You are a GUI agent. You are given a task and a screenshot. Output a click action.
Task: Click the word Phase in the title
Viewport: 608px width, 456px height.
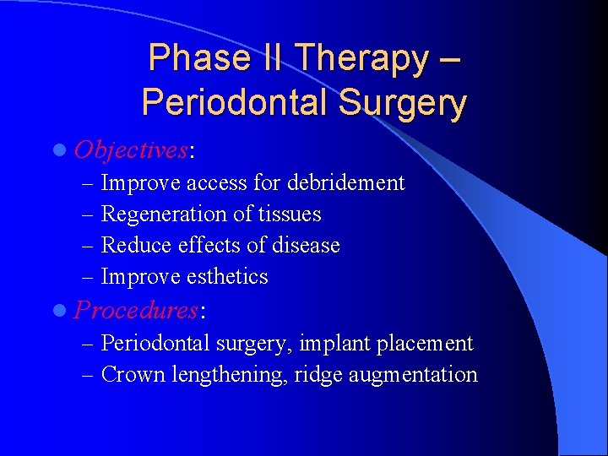click(x=186, y=58)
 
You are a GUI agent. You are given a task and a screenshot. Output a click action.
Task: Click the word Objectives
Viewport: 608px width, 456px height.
click(x=131, y=150)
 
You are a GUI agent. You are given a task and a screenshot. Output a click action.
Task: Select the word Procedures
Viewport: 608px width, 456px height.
click(x=136, y=310)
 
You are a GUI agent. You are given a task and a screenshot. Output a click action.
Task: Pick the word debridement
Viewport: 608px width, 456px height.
click(x=346, y=182)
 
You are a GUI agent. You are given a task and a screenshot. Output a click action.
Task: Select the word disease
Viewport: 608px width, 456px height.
click(x=305, y=246)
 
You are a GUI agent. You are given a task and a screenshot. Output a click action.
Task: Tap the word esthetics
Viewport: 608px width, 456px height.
click(x=229, y=277)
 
